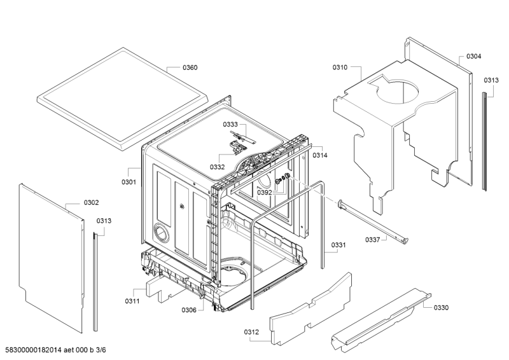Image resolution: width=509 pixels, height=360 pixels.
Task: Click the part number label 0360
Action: [190, 67]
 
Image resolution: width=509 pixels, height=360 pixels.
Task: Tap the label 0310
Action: [340, 67]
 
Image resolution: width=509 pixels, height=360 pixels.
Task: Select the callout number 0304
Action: [473, 56]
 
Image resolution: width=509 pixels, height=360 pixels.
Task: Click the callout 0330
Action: [441, 308]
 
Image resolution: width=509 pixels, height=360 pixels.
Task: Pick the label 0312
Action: [252, 331]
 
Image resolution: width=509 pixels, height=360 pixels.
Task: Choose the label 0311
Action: [132, 300]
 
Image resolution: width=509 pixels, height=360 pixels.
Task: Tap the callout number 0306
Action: [189, 310]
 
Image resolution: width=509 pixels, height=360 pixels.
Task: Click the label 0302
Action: [91, 203]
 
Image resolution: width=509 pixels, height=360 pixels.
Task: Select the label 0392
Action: [265, 192]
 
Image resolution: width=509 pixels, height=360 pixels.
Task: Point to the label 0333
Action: [230, 125]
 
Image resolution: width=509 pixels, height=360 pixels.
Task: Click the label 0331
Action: [338, 245]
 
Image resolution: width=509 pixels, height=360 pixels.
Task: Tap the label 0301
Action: [129, 183]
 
